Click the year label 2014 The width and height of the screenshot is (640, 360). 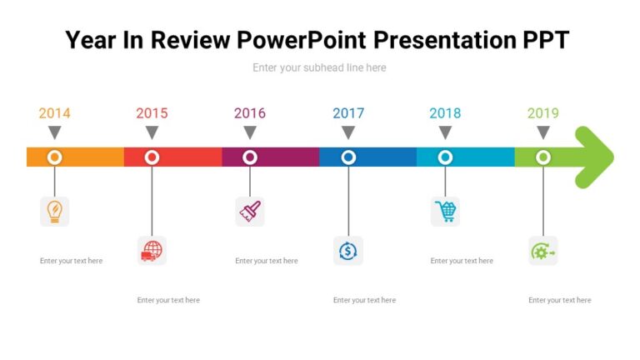point(54,113)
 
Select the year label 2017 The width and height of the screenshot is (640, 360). point(348,113)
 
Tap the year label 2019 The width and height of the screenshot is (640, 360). point(543,113)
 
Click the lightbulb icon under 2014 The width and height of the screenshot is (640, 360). point(54,212)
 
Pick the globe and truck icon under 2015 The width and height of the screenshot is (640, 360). point(152,251)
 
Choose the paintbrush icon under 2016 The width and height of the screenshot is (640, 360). point(250,212)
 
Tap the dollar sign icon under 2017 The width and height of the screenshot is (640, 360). point(347,251)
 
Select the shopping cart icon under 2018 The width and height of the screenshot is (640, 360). point(446,212)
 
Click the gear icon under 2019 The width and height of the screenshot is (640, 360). point(543,251)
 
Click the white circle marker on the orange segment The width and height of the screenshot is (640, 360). point(54,157)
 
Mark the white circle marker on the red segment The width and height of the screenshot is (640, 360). point(152,157)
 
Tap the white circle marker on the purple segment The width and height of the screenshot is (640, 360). point(250,157)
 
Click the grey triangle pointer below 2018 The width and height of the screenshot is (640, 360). point(446,132)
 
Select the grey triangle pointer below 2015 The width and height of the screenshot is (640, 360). point(152,132)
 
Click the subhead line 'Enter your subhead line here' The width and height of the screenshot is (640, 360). point(319,67)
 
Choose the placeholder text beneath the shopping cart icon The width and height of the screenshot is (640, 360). point(462,261)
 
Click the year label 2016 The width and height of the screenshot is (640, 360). point(250,113)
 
